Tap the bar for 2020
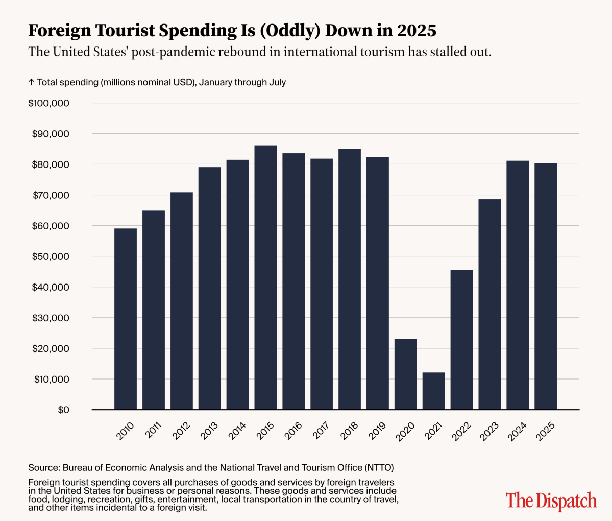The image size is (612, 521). coord(405,374)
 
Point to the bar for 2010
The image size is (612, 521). coord(126,319)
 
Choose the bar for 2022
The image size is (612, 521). coord(461,340)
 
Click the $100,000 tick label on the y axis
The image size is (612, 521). coord(49,103)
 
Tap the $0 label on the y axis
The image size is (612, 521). coord(63,410)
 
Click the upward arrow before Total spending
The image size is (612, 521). coord(31,82)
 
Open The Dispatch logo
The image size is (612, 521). coord(551,500)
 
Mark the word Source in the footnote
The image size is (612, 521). coord(43,467)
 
